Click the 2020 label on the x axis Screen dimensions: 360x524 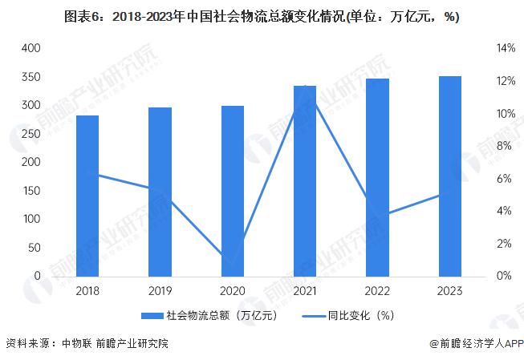point(233,292)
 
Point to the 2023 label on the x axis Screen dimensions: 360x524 point(449,292)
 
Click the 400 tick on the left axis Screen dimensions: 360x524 point(31,48)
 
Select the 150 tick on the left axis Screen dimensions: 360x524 point(31,190)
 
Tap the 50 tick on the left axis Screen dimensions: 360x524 point(34,247)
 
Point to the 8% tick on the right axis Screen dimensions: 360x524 point(503,146)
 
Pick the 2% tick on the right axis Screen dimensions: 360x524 point(503,243)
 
